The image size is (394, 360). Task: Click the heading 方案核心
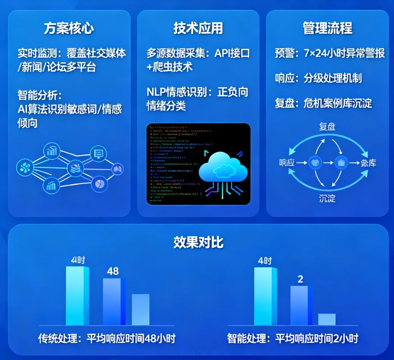point(69,28)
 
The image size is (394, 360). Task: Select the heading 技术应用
point(198,28)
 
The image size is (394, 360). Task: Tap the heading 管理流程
point(327,28)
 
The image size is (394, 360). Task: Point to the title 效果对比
point(198,242)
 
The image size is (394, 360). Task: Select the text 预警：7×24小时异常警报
point(330,53)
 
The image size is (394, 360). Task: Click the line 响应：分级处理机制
point(318,78)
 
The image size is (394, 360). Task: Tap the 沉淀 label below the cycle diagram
point(327,199)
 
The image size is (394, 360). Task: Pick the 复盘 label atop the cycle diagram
point(327,127)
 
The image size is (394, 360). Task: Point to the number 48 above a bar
point(113,271)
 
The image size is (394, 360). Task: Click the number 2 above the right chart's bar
point(300,279)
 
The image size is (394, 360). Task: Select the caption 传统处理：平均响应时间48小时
point(106,338)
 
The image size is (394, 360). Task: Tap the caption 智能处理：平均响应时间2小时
point(293,338)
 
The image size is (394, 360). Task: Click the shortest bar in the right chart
point(327,319)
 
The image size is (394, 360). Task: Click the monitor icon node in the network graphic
point(98,154)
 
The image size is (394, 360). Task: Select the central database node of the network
point(75,169)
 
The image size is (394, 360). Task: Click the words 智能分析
point(38,96)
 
